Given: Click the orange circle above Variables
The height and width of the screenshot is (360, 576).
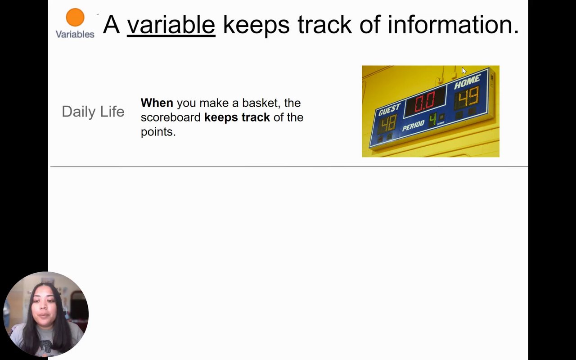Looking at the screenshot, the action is tap(75, 17).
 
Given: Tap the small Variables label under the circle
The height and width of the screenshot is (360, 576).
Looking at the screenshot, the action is tap(75, 34).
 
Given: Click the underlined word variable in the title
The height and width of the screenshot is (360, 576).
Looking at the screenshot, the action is tap(171, 25).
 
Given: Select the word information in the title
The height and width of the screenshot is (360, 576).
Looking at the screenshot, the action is tap(453, 25).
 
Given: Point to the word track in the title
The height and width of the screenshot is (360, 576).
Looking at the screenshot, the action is tap(324, 25).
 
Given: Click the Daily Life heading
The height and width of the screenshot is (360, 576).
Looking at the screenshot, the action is tap(93, 112).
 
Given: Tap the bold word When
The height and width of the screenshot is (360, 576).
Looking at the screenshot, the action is tap(157, 103).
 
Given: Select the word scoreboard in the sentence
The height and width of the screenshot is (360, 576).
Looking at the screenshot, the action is tap(171, 117).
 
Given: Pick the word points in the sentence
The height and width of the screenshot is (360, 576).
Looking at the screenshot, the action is tap(158, 132).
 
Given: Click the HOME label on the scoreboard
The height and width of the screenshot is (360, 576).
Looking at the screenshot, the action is tap(467, 81).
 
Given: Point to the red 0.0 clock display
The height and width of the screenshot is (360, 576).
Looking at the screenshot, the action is tap(425, 101).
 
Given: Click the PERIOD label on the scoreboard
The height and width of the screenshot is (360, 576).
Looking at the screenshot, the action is tap(413, 126).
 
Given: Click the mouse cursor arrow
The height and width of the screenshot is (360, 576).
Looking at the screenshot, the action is tap(464, 71).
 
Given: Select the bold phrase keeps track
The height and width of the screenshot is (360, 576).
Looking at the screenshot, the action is tap(237, 117).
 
